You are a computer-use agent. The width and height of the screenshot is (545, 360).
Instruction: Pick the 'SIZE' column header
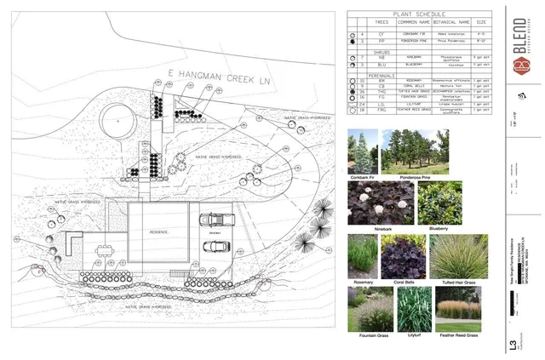(482, 22)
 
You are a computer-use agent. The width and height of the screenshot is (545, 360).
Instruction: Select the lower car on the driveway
(215, 248)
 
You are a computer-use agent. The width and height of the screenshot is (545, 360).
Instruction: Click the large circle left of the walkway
(118, 119)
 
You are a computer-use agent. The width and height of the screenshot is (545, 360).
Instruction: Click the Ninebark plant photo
(380, 203)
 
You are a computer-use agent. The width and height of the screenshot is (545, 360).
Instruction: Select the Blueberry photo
(439, 203)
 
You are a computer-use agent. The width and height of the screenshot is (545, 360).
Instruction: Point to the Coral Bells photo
(403, 257)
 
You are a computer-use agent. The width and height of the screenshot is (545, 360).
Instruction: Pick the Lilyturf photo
(413, 309)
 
